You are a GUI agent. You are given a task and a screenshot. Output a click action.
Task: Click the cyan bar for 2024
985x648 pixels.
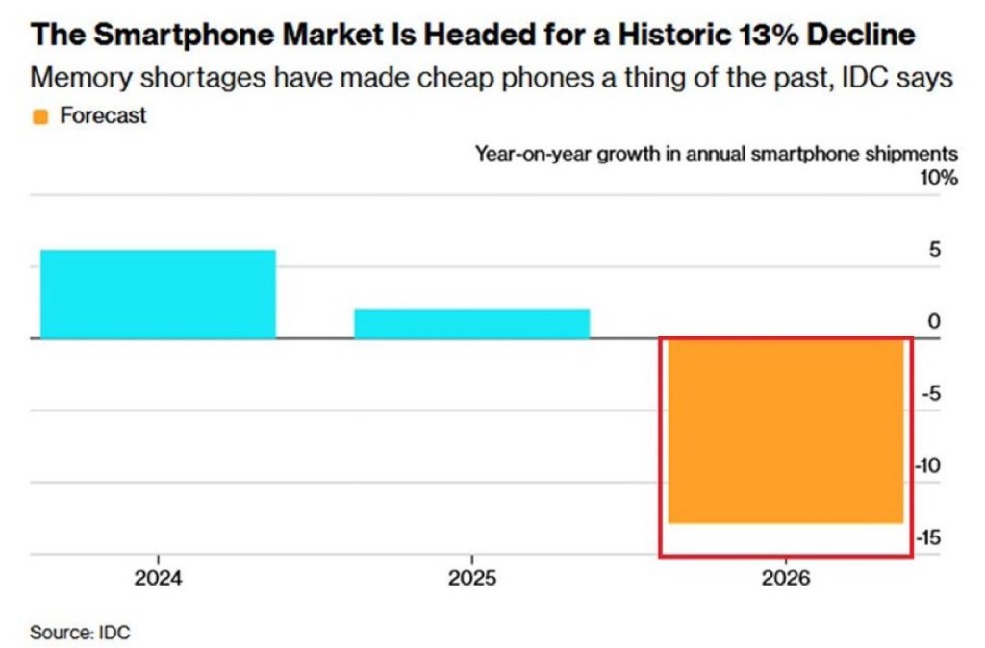pyautogui.click(x=159, y=294)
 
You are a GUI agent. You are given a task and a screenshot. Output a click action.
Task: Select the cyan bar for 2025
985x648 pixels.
pyautogui.click(x=471, y=323)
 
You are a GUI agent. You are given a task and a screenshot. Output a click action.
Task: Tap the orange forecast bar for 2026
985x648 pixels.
pyautogui.click(x=786, y=431)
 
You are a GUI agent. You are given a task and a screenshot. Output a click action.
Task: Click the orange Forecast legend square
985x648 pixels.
pyautogui.click(x=40, y=117)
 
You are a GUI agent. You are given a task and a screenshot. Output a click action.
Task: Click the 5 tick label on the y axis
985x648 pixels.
pyautogui.click(x=933, y=250)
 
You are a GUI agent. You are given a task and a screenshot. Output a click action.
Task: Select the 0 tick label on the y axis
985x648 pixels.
pyautogui.click(x=933, y=322)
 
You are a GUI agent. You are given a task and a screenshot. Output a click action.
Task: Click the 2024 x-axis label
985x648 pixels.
pyautogui.click(x=159, y=579)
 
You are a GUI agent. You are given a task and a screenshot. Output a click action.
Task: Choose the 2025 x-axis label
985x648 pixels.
pyautogui.click(x=471, y=579)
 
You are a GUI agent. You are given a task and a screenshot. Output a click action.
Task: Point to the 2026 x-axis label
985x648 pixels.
pyautogui.click(x=786, y=579)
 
